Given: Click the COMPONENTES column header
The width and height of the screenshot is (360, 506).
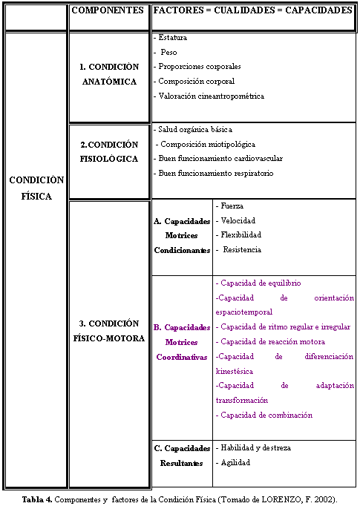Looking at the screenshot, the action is click(109, 11).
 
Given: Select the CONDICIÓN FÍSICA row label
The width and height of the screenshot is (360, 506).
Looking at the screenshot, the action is click(36, 188).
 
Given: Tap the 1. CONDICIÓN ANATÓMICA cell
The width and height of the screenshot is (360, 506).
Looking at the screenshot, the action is click(109, 74).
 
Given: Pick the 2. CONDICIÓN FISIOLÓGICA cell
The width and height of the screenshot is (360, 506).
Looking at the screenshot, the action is click(109, 151).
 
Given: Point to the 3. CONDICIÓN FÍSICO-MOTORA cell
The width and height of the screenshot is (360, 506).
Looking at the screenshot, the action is click(109, 332).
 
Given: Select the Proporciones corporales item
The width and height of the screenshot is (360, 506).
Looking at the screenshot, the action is click(199, 66).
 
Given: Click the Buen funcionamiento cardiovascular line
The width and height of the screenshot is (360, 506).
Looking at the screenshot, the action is click(220, 158).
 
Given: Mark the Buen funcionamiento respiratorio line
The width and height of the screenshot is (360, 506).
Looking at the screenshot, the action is click(215, 173).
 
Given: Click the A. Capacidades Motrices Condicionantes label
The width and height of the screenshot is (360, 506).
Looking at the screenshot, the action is click(182, 235).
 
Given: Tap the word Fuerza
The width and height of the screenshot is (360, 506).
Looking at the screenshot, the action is click(232, 206).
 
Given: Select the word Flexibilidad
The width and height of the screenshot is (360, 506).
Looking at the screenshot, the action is click(238, 235).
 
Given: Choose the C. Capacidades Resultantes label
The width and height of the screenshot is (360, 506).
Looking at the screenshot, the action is click(182, 456).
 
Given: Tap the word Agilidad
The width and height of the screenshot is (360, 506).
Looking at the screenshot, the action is click(235, 462).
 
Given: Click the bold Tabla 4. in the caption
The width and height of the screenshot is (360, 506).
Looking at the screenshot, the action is click(37, 499).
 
